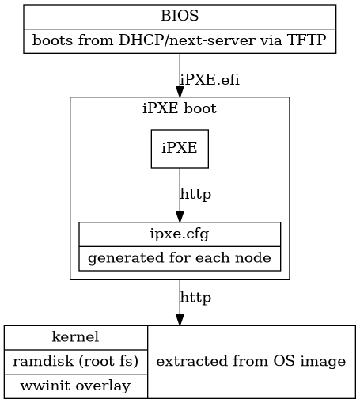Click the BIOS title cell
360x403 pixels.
point(180,16)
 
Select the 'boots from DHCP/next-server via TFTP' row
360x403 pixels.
point(180,40)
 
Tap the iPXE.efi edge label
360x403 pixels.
point(210,79)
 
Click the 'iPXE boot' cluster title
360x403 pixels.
point(180,108)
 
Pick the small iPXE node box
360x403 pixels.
point(180,148)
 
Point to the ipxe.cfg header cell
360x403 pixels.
point(180,234)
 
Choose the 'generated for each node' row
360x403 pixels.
point(180,258)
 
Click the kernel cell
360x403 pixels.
point(76,336)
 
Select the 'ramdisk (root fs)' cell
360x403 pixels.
point(76,361)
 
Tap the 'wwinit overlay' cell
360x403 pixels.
point(76,386)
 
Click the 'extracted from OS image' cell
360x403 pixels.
point(251,361)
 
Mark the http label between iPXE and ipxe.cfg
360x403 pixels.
point(195,193)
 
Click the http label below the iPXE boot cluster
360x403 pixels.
point(195,298)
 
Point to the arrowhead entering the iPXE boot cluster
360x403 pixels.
point(180,91)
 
